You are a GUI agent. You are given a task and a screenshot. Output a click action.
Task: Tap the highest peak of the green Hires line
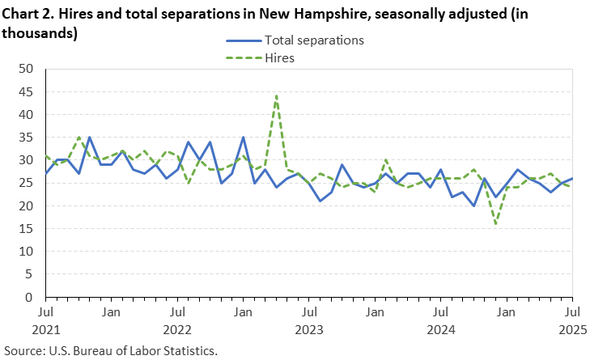pos(276,96)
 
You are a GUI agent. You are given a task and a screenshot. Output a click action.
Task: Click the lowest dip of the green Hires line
pos(495,224)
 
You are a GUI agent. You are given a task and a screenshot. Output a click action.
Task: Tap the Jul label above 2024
pos(440,311)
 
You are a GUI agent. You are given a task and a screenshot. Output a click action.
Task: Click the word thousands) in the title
pos(40,33)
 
